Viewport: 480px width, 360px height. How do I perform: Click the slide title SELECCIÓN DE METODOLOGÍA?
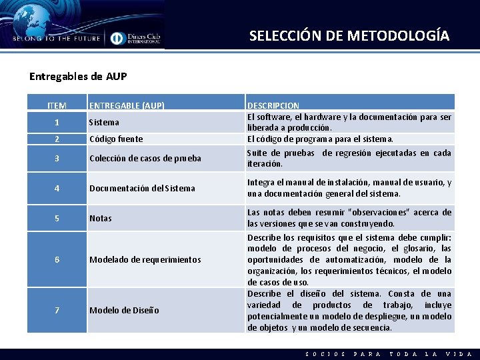(349, 35)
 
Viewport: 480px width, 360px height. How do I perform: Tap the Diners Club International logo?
(136, 38)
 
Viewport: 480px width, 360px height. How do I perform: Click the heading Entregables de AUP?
(78, 76)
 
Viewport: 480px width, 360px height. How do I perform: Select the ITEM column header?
(57, 105)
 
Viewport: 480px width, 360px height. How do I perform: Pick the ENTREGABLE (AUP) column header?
(127, 105)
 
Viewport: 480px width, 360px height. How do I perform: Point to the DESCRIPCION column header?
(273, 105)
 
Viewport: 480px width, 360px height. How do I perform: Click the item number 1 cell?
(57, 122)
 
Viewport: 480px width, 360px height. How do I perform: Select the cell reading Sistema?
(104, 122)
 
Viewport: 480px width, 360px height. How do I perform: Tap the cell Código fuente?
(115, 139)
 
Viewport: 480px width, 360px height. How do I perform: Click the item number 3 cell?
(57, 158)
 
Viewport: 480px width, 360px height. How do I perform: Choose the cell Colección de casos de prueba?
(145, 158)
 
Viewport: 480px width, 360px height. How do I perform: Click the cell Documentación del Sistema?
(142, 188)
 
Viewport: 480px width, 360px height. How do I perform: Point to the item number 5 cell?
(57, 218)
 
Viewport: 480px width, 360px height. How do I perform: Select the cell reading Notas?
(101, 218)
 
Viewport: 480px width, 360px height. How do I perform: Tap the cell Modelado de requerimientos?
(145, 259)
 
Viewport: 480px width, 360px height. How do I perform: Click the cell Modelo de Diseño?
(124, 310)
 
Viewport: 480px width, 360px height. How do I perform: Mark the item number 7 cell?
(57, 310)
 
